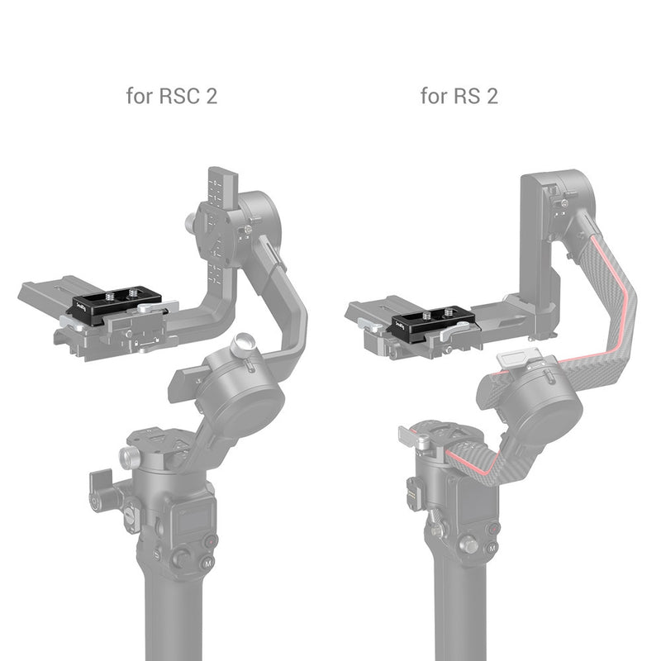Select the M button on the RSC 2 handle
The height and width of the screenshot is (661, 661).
202,565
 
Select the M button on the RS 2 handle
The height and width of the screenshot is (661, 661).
492,549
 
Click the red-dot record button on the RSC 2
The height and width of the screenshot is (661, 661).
210,540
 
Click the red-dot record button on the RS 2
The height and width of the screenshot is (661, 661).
494,527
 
